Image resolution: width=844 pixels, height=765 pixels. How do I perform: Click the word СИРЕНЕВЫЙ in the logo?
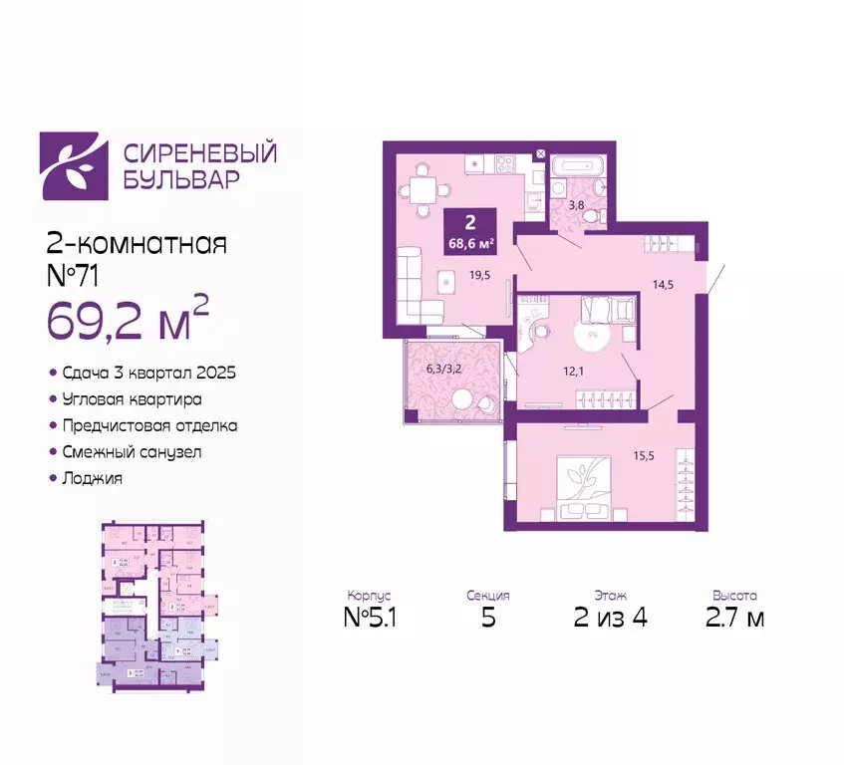199,153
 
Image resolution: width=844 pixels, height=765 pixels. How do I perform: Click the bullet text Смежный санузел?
142,451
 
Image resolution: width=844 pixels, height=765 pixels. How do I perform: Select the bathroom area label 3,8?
576,207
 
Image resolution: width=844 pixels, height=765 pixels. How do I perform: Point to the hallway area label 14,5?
662,284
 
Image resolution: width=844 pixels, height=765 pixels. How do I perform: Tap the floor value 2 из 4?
612,619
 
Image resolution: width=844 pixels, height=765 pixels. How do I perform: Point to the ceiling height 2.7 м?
735,619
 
